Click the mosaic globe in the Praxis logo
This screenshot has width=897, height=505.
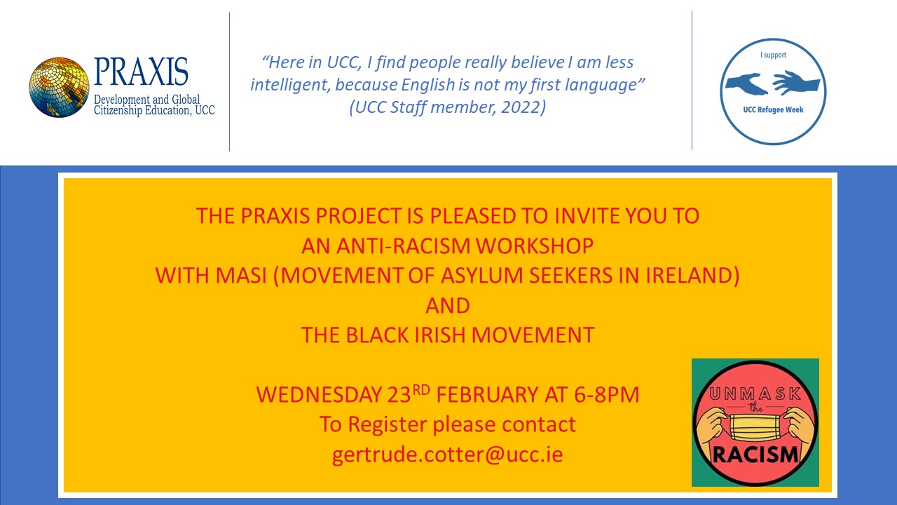pos(59,88)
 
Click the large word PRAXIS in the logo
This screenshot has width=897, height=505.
pos(141,72)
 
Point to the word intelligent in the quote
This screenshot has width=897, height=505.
pos(290,85)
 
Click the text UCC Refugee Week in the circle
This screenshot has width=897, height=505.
pos(773,110)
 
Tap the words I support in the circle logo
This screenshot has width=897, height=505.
pos(773,55)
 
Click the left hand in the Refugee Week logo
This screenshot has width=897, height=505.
pos(746,84)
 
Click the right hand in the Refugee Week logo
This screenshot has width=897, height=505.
pos(796,83)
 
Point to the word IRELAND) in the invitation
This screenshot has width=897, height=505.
pos(692,276)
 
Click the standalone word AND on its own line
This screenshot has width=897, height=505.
pos(448,306)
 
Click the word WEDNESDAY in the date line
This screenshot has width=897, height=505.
pos(318,394)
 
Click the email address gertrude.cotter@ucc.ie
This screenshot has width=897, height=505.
pos(448,455)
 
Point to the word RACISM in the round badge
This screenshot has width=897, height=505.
pos(755,454)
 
